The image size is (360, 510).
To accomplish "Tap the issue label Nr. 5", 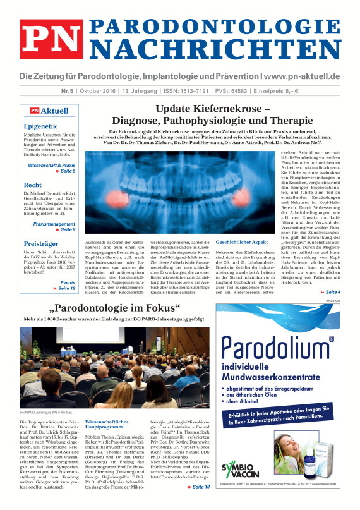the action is click(x=87, y=90).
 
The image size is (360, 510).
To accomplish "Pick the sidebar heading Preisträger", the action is click(x=41, y=242).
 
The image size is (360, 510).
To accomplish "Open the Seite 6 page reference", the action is click(x=66, y=171).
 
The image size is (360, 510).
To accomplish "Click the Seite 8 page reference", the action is click(x=66, y=229).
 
